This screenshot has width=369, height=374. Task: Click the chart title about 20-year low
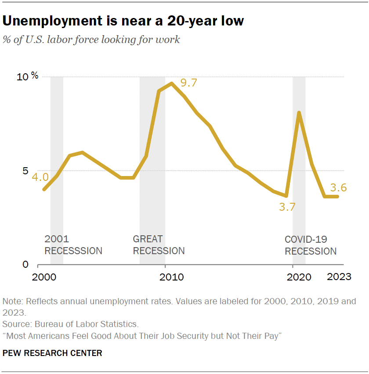(x=123, y=21)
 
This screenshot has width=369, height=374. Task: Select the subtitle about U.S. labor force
(x=91, y=40)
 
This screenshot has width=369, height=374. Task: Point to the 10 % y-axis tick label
(x=28, y=77)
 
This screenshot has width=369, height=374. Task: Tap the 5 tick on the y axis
(x=25, y=171)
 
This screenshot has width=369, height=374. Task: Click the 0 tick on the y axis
(x=25, y=265)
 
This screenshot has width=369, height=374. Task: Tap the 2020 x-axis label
(x=299, y=277)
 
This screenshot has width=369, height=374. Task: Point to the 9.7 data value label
(x=189, y=82)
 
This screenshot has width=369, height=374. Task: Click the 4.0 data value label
(x=40, y=177)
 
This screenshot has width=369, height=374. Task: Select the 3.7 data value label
(x=287, y=207)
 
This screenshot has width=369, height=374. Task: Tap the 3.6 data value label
(x=338, y=187)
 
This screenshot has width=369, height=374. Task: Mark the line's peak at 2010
(x=171, y=83)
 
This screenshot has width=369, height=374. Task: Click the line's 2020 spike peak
(x=299, y=113)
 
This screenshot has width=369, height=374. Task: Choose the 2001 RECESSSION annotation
(x=73, y=245)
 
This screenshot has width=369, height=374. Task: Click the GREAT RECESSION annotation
(x=159, y=245)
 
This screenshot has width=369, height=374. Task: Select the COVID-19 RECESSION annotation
(x=311, y=245)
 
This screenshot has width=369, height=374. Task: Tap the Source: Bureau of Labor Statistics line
(x=71, y=324)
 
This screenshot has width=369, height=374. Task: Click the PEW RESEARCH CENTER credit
(x=52, y=353)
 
